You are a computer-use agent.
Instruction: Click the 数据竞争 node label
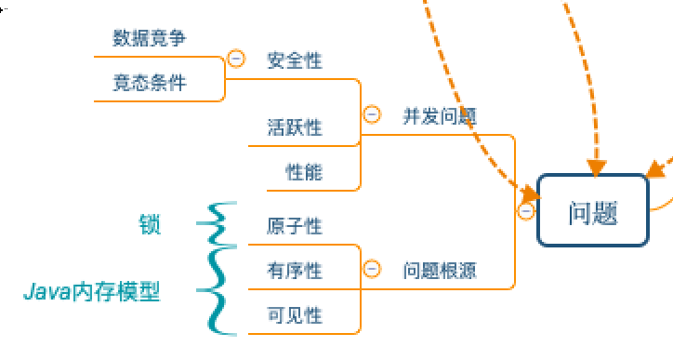tap(150, 38)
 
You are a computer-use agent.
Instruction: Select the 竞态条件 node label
tap(150, 83)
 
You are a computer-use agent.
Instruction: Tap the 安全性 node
tap(295, 60)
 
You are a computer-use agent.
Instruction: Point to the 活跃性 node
tap(295, 127)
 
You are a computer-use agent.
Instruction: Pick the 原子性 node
tap(295, 226)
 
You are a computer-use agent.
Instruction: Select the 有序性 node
tap(295, 271)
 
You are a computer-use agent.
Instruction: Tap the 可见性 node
tap(295, 315)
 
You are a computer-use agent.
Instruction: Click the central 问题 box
tap(593, 211)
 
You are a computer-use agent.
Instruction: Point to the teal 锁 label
tap(150, 224)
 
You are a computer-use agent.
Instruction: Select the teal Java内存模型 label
tap(92, 292)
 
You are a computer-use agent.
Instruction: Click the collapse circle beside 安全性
tap(236, 60)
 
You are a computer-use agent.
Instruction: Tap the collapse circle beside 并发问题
tap(372, 115)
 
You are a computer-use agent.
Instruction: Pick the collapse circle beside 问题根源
tap(372, 269)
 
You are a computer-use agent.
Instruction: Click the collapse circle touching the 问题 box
tap(526, 211)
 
